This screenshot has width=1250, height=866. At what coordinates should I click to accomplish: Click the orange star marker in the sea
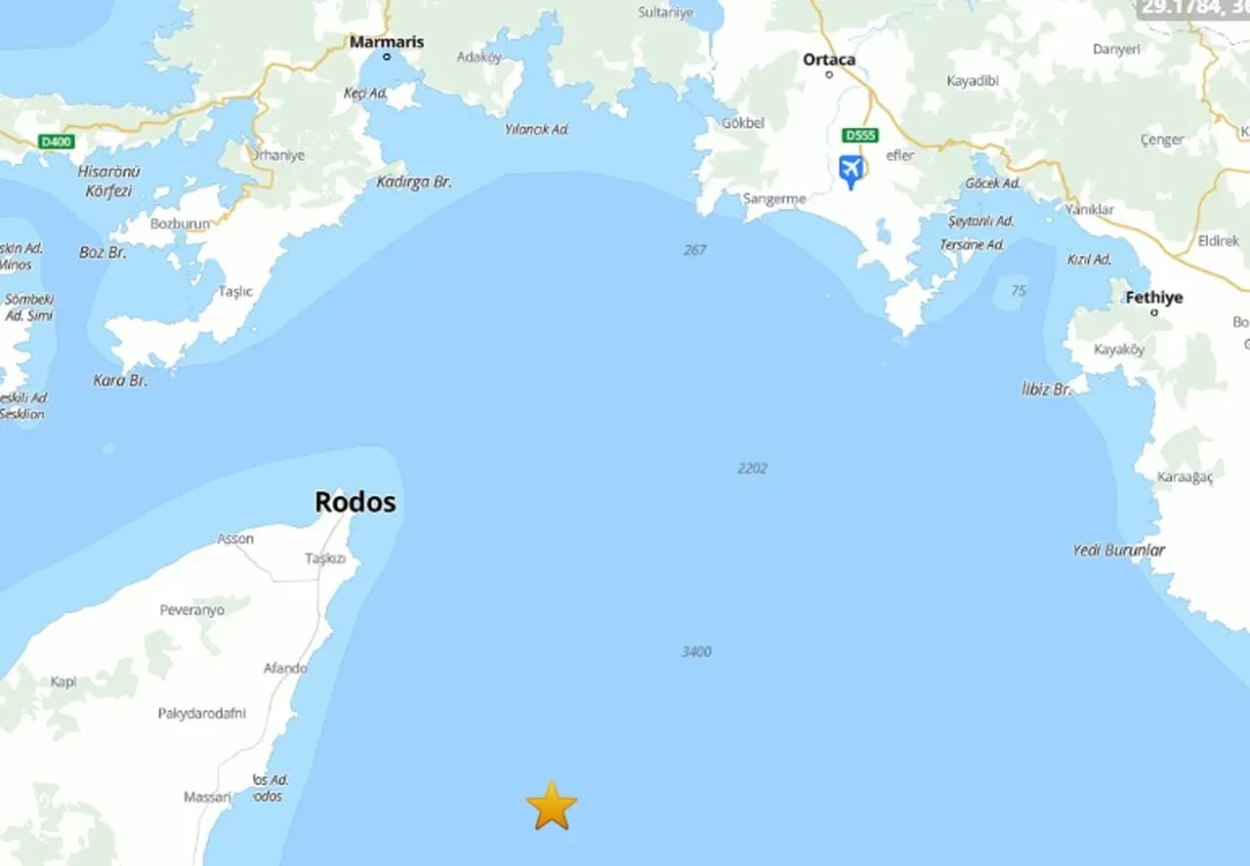pyautogui.click(x=552, y=806)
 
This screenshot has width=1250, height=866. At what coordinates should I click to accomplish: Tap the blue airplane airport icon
pyautogui.click(x=851, y=171)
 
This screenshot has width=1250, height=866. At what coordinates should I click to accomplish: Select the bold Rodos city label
pyautogui.click(x=354, y=502)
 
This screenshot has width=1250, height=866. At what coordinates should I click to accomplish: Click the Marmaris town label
pyautogui.click(x=387, y=42)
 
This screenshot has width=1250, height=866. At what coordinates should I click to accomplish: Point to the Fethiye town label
pyautogui.click(x=1153, y=298)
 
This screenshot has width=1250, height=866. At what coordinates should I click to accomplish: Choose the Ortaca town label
pyautogui.click(x=828, y=60)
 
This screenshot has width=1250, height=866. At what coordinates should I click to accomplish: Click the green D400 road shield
pyautogui.click(x=57, y=143)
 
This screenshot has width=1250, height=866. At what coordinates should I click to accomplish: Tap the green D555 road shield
pyautogui.click(x=860, y=135)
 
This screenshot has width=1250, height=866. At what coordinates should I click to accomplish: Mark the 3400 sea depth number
pyautogui.click(x=696, y=651)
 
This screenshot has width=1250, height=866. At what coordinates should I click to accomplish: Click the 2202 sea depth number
pyautogui.click(x=752, y=469)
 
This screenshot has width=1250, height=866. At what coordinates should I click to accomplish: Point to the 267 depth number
pyautogui.click(x=694, y=250)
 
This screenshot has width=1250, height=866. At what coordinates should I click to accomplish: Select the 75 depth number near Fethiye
pyautogui.click(x=1019, y=291)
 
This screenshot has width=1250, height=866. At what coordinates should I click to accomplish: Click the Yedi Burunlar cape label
pyautogui.click(x=1118, y=551)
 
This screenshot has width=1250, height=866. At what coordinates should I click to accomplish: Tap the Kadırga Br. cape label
pyautogui.click(x=414, y=183)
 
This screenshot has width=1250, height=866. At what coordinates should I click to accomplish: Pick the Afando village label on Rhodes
pyautogui.click(x=285, y=669)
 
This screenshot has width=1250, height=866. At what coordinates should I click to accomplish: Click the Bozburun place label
pyautogui.click(x=180, y=224)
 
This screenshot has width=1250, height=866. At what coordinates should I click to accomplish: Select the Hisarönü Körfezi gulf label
pyautogui.click(x=108, y=181)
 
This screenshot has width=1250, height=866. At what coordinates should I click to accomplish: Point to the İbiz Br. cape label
pyautogui.click(x=1047, y=389)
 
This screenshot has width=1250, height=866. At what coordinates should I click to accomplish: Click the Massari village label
pyautogui.click(x=207, y=798)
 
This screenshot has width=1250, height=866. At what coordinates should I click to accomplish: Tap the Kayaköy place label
pyautogui.click(x=1118, y=350)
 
